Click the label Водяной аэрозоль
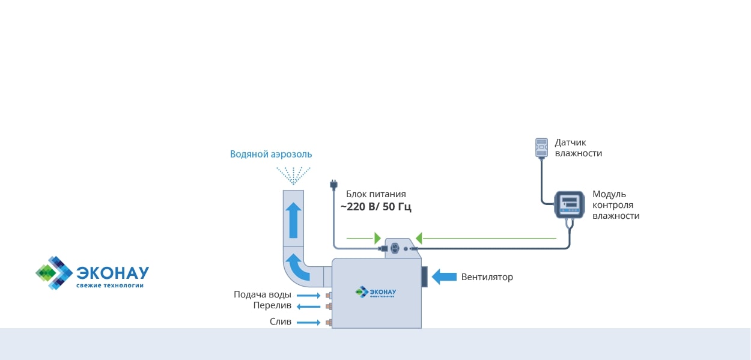click(271, 154)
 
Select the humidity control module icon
click(569, 205)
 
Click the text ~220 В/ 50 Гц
click(376, 207)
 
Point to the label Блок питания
click(376, 194)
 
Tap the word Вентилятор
click(487, 277)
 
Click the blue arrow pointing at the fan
click(445, 276)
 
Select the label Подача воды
click(263, 294)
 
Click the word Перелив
click(272, 305)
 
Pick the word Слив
click(281, 322)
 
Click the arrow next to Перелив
click(309, 307)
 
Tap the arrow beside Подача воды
click(309, 296)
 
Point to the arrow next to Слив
click(309, 323)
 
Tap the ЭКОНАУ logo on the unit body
click(377, 292)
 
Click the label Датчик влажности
click(578, 148)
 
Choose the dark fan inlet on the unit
click(424, 276)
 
